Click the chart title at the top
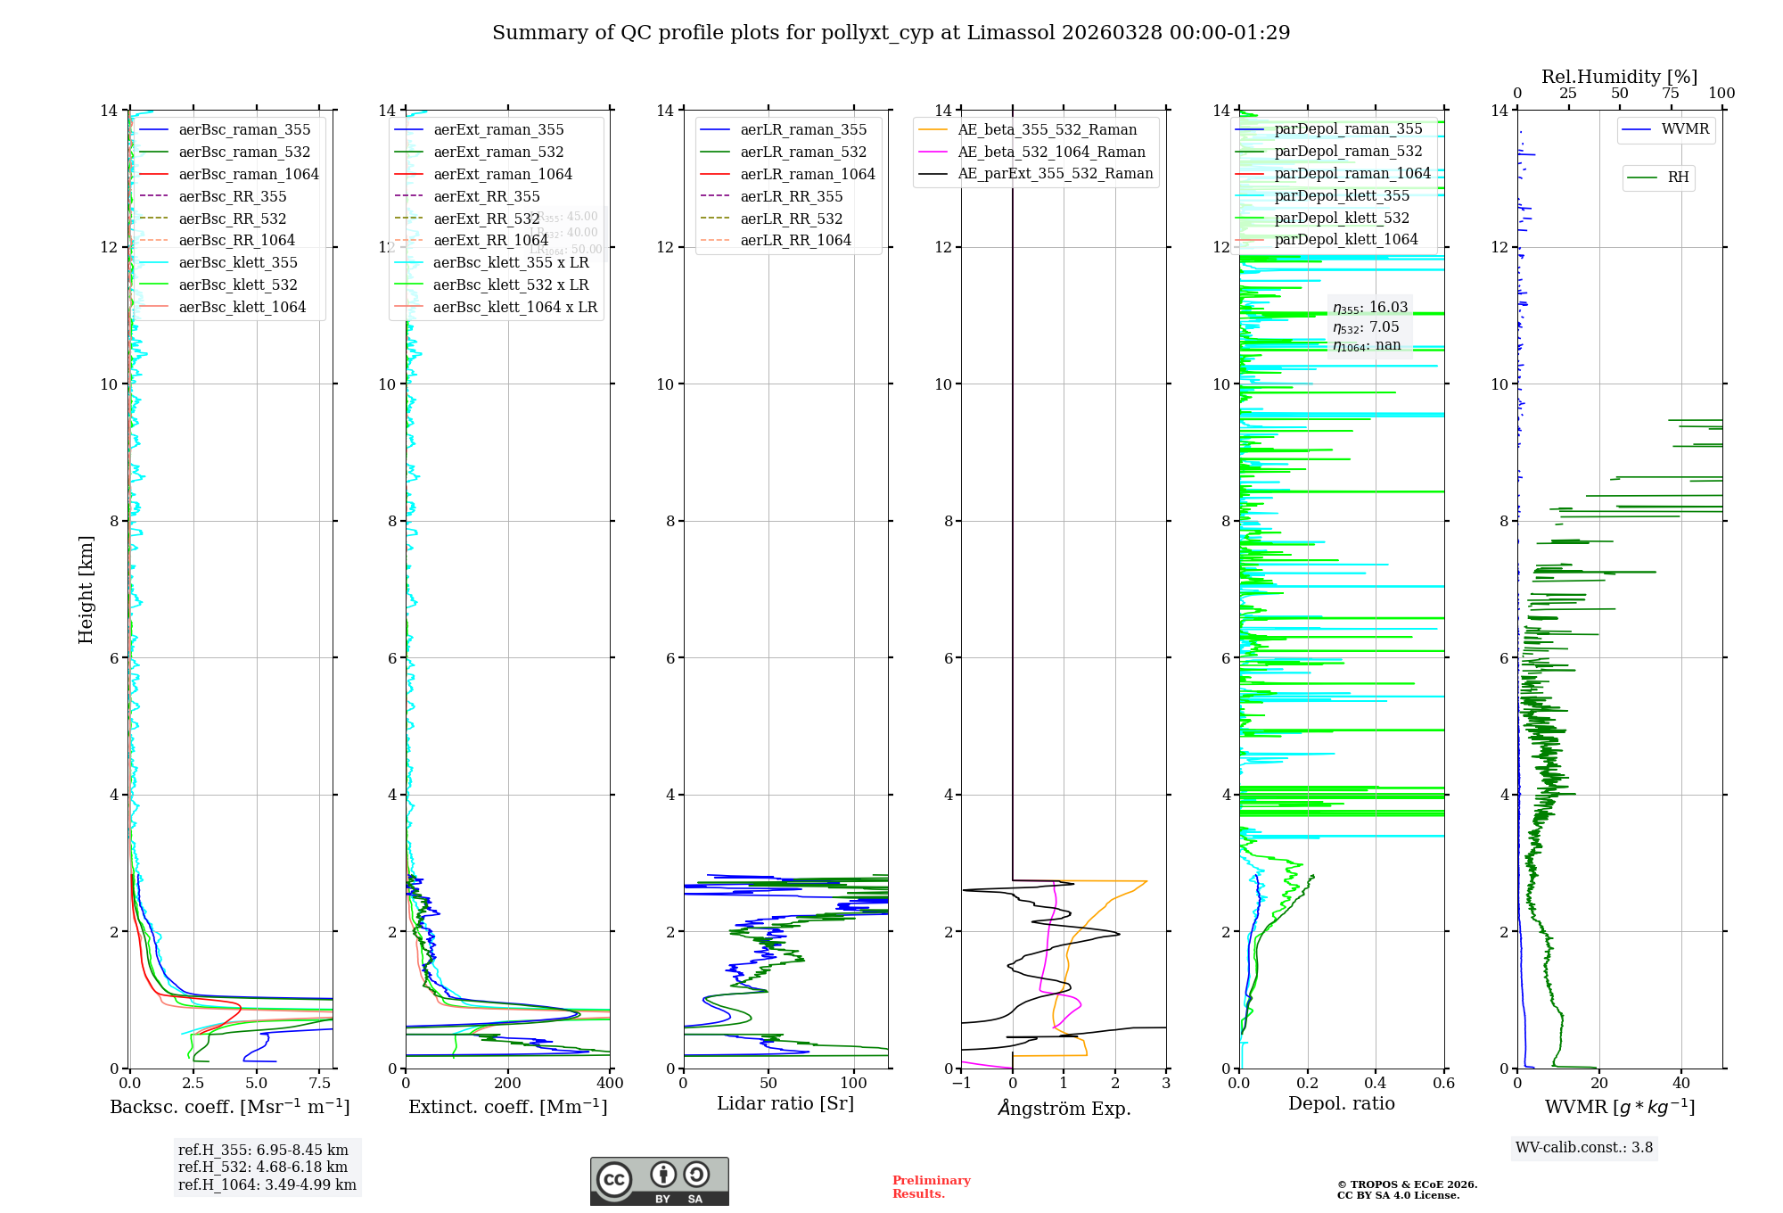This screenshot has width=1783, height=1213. [891, 33]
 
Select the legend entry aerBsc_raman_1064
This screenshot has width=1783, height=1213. [248, 174]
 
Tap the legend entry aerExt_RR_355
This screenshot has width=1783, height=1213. [486, 196]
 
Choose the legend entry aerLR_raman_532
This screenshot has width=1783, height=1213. [802, 152]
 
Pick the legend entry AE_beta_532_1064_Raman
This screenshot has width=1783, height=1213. [1051, 152]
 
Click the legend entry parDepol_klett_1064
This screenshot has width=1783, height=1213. [1345, 239]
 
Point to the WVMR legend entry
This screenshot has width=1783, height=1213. [1684, 129]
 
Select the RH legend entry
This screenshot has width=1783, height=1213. [1677, 177]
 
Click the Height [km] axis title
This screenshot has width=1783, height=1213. [86, 590]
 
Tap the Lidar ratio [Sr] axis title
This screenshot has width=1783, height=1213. [785, 1103]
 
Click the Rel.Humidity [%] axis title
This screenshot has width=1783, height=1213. [1619, 77]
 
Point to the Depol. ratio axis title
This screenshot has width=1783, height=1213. [1341, 1103]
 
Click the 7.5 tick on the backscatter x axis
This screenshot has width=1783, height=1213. [320, 1084]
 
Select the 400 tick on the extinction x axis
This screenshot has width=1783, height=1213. [610, 1084]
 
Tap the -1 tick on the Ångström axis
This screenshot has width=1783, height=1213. [961, 1084]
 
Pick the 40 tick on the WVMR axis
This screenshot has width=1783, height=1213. [1681, 1084]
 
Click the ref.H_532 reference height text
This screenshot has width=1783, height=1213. [263, 1167]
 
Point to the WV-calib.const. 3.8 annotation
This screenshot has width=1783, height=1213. [1584, 1148]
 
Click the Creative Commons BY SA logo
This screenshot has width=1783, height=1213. [659, 1181]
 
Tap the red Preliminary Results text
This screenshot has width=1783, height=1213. [931, 1187]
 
